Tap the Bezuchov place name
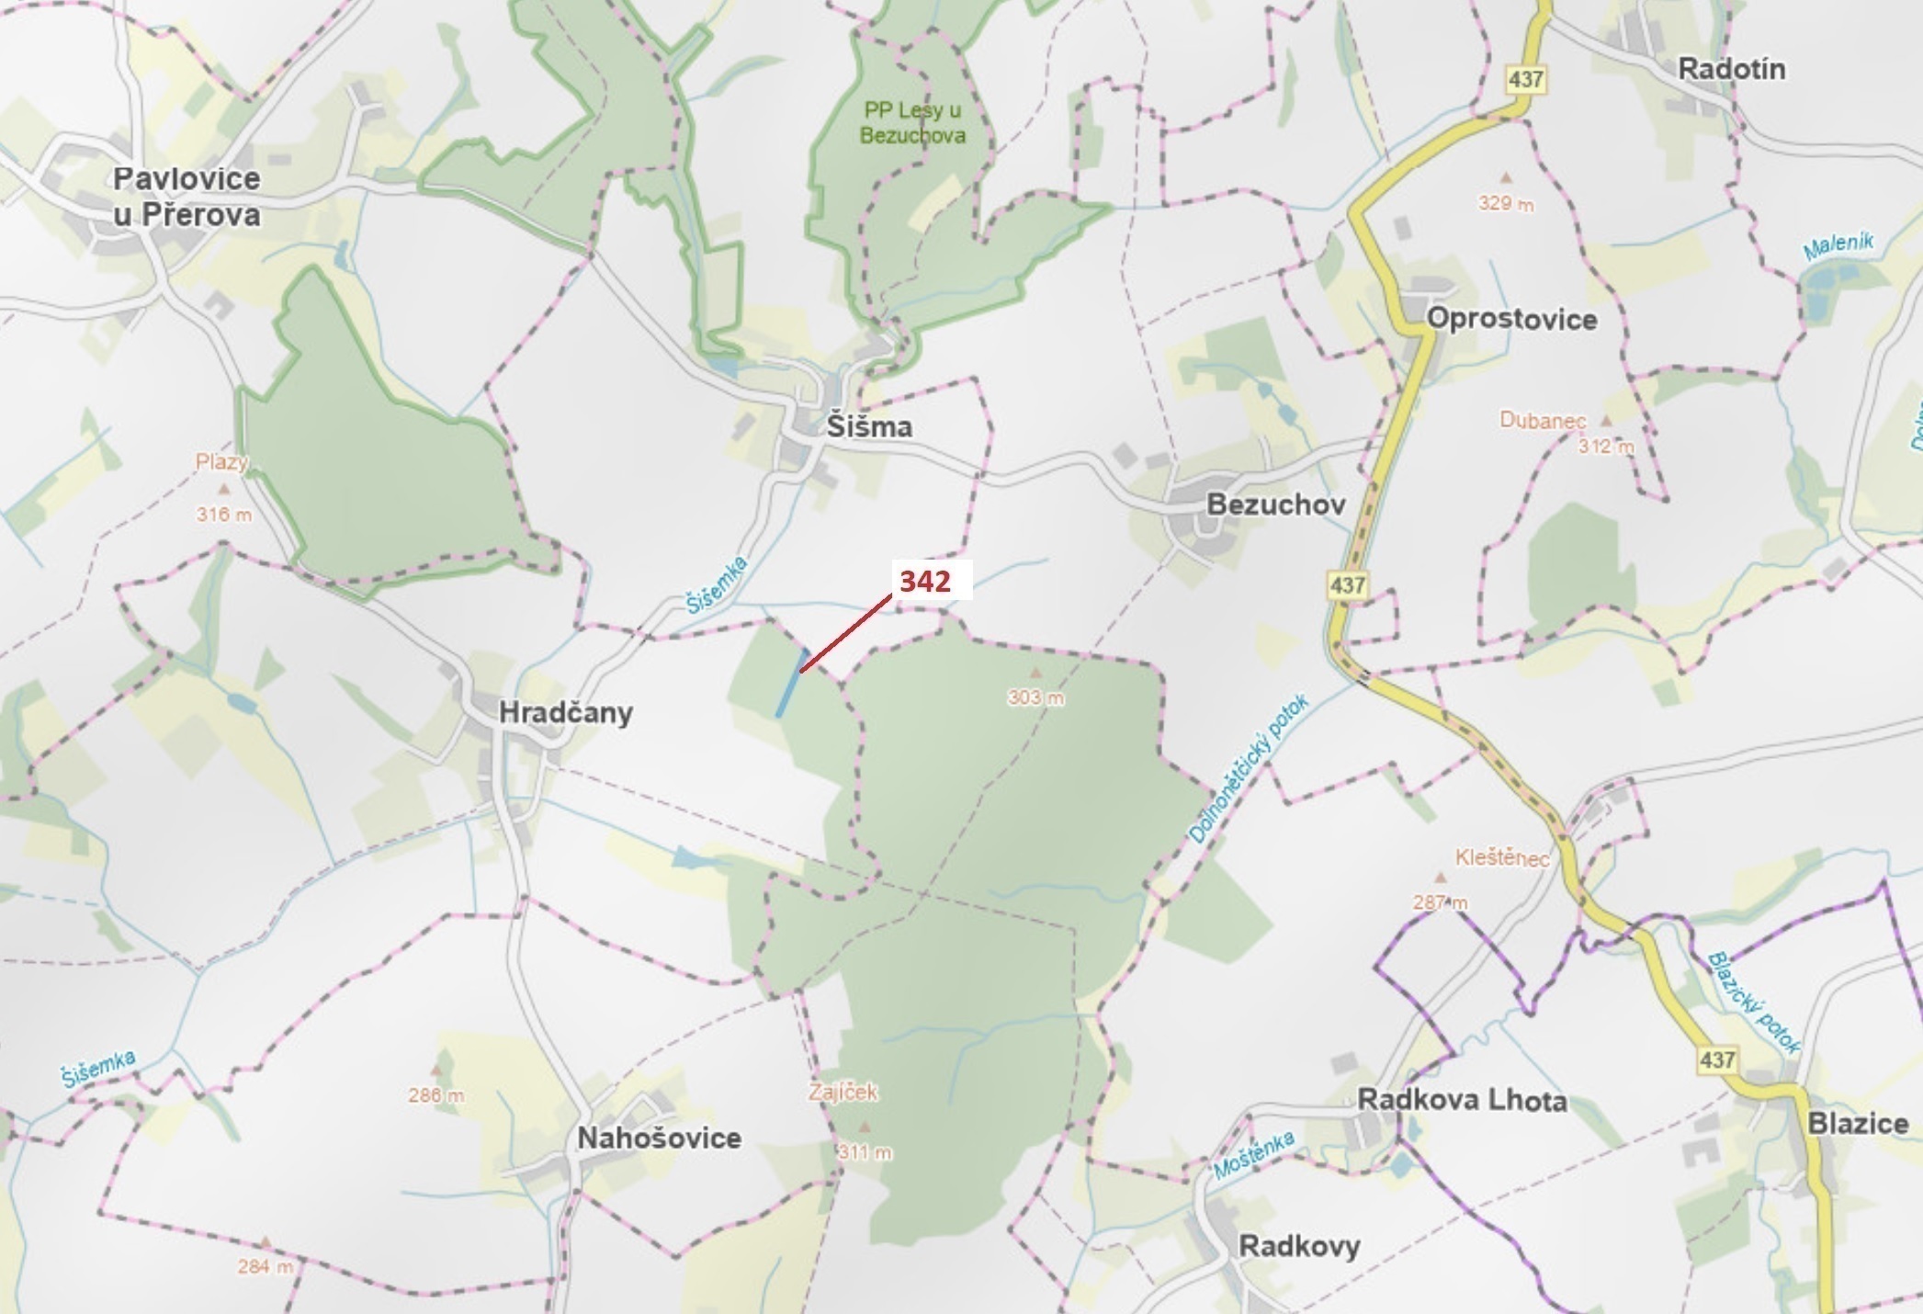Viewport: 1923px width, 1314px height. click(1275, 504)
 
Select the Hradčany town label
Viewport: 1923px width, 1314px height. click(565, 713)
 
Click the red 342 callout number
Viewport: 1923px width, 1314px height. click(924, 582)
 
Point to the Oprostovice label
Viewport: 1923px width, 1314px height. click(1511, 320)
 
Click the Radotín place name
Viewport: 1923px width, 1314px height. click(1731, 69)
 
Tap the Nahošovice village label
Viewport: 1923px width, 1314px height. click(659, 1138)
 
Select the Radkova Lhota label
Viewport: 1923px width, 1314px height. click(1462, 1100)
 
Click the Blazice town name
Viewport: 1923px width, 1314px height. click(1858, 1123)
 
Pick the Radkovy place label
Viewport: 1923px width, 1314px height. click(1299, 1247)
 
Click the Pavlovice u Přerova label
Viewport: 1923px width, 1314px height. click(187, 197)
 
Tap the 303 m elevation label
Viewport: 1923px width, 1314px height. click(1035, 698)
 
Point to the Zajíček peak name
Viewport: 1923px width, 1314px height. click(843, 1093)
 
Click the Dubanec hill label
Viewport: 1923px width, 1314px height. click(1543, 421)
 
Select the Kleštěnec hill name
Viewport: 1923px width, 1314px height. click(1501, 858)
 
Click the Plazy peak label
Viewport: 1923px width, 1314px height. click(221, 462)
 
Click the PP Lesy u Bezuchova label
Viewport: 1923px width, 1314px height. click(912, 123)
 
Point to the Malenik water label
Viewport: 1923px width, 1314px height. click(1838, 246)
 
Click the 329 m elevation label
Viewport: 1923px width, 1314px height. click(1505, 204)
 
